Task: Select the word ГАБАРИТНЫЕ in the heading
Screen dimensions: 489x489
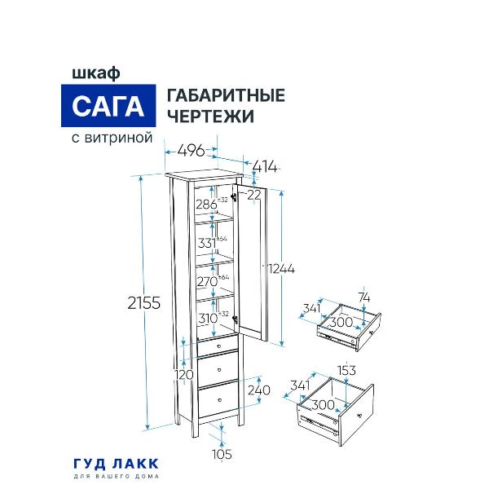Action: (x=225, y=95)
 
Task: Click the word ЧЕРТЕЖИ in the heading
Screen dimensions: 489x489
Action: (x=209, y=117)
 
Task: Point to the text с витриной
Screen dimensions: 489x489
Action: (x=108, y=139)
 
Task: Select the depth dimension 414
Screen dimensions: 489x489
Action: (x=265, y=167)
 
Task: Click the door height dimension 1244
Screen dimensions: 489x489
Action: (x=280, y=268)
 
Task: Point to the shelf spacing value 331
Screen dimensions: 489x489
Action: (x=206, y=242)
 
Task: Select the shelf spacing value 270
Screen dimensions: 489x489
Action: (x=206, y=281)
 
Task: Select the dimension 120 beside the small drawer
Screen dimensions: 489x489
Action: (x=184, y=374)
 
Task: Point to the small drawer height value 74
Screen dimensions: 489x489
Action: (x=364, y=297)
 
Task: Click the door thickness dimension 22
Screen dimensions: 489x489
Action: (x=255, y=194)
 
